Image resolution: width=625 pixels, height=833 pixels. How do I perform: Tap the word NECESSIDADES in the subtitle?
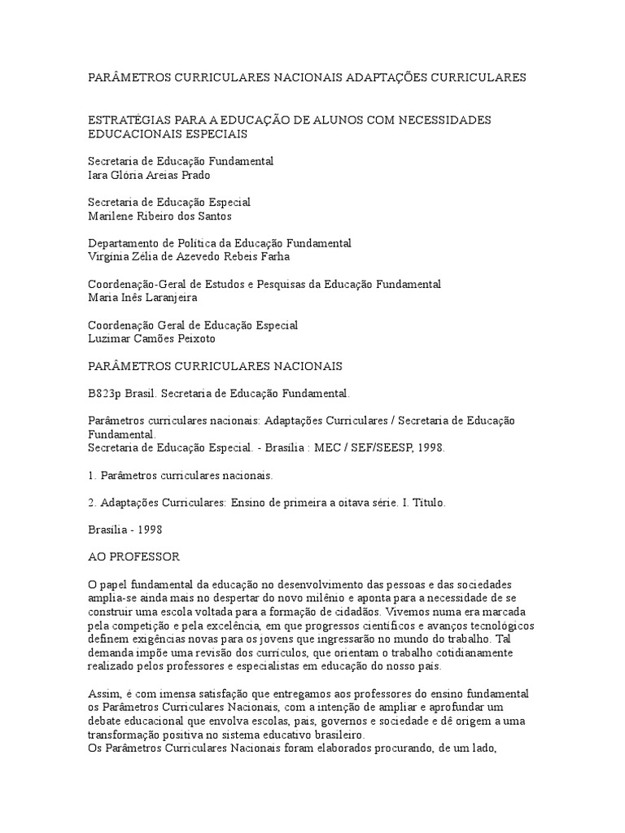pyautogui.click(x=452, y=120)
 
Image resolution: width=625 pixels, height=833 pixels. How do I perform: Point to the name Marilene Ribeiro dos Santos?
pyautogui.click(x=160, y=216)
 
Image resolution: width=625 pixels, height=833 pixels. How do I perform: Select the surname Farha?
pyautogui.click(x=273, y=256)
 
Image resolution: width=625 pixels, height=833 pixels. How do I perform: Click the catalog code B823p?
pyautogui.click(x=103, y=393)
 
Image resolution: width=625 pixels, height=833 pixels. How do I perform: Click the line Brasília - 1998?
pyautogui.click(x=125, y=530)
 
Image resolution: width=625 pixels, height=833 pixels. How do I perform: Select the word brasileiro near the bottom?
pyautogui.click(x=296, y=734)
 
